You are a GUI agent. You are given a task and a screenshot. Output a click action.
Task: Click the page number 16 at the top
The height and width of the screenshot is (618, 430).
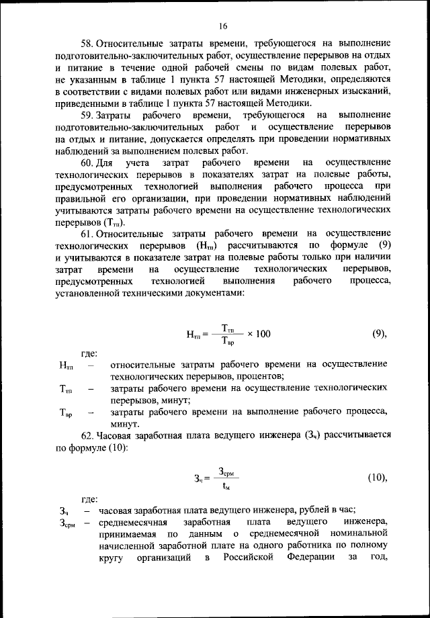pyautogui.click(x=222, y=27)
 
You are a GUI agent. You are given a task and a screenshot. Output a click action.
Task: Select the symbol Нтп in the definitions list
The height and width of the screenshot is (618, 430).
pyautogui.click(x=67, y=365)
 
